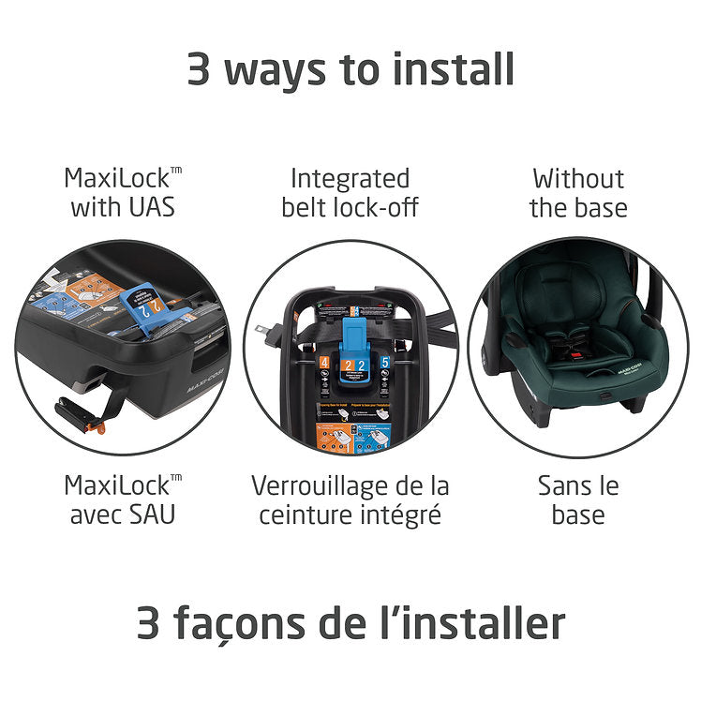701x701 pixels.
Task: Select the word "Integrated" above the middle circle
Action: pos(350,178)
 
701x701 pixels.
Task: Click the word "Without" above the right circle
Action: pos(578,178)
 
